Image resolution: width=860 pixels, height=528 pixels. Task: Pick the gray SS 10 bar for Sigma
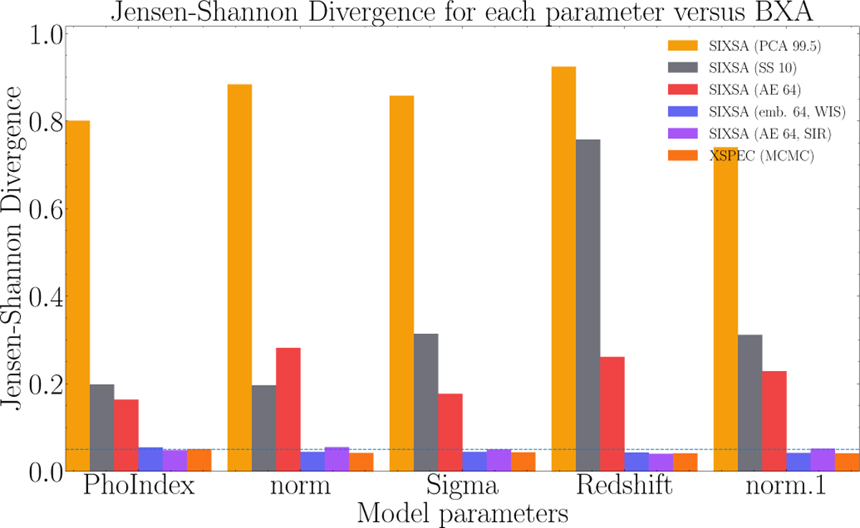pos(426,402)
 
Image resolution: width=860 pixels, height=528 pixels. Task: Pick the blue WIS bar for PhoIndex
pos(150,459)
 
